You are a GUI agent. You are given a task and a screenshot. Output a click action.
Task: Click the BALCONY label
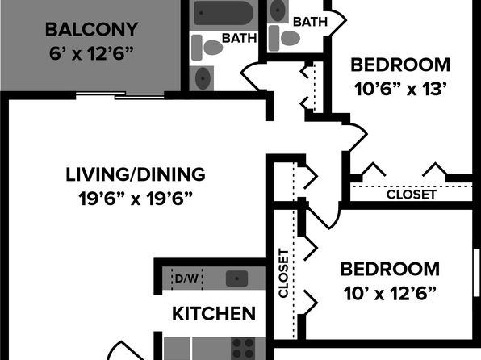[x=91, y=30]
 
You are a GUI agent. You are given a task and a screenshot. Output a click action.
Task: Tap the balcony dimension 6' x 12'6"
[x=91, y=53]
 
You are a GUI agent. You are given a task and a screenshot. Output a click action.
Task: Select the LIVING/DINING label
[x=136, y=174]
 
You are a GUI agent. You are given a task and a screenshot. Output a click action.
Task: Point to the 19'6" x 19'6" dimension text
[x=136, y=199]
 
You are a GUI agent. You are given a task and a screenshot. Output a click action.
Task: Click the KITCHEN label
[x=214, y=314]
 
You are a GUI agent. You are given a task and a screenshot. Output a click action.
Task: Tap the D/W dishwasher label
[x=186, y=278]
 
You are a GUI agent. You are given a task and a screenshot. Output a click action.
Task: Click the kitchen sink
[x=236, y=278]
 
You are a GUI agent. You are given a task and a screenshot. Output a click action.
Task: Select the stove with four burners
[x=243, y=348]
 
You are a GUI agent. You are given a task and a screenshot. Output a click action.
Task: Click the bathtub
[x=224, y=13]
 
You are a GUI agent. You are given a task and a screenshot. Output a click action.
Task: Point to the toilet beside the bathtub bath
[x=207, y=48]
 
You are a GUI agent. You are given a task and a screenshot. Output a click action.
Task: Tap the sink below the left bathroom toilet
[x=202, y=78]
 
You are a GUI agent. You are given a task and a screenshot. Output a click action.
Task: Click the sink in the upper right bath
[x=278, y=10]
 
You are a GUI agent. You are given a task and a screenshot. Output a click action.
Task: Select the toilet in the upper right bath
[x=284, y=38]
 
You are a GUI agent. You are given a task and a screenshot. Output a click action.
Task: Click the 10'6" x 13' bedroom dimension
[x=399, y=90]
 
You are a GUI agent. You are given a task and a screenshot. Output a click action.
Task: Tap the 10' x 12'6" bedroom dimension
[x=390, y=293]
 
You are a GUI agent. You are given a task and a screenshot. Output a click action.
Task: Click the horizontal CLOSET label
[x=411, y=195]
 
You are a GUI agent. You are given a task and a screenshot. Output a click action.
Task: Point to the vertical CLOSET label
[x=283, y=273]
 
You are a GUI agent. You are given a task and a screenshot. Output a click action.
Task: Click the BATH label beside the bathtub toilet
[x=239, y=39]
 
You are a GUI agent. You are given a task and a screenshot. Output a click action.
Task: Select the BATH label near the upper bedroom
[x=310, y=22]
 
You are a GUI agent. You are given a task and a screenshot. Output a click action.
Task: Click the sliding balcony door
[x=120, y=95]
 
